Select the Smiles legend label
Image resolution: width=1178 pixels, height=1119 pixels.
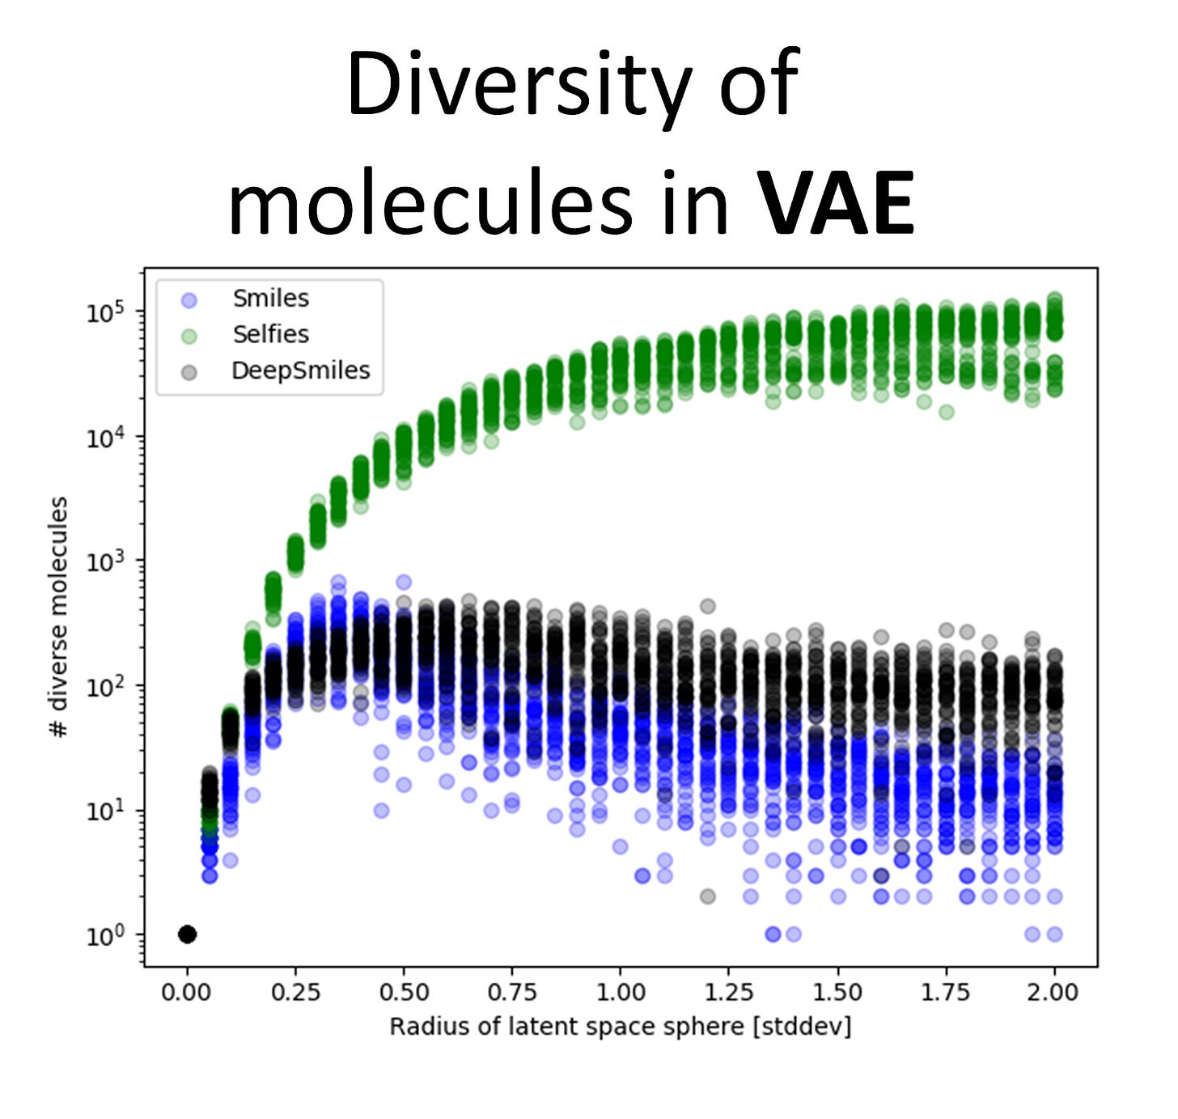pos(270,299)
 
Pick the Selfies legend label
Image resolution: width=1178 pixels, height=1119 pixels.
pos(270,334)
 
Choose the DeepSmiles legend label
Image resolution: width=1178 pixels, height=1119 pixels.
pos(300,371)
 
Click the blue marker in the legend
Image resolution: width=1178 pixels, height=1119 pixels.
pos(189,300)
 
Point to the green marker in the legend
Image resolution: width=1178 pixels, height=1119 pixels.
pos(189,336)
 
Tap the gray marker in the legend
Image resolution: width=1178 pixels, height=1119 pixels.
pos(189,372)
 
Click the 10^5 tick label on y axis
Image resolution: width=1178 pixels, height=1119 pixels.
pos(105,312)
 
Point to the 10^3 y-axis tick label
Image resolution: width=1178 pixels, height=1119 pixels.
pos(105,562)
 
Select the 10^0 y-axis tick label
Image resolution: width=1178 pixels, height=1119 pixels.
pos(105,935)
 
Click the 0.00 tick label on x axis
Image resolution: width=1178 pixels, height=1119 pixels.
pos(187,992)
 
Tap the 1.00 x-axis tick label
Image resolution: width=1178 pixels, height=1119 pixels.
pos(621,992)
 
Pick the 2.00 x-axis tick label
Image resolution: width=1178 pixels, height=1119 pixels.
pos(1053,992)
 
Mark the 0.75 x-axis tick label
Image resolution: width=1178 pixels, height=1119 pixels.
pos(512,992)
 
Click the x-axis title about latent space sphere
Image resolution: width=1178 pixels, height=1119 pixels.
pos(620,1027)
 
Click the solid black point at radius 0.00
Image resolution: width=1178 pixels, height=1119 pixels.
pos(187,934)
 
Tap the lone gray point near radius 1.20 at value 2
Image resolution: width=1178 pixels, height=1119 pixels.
pos(708,896)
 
